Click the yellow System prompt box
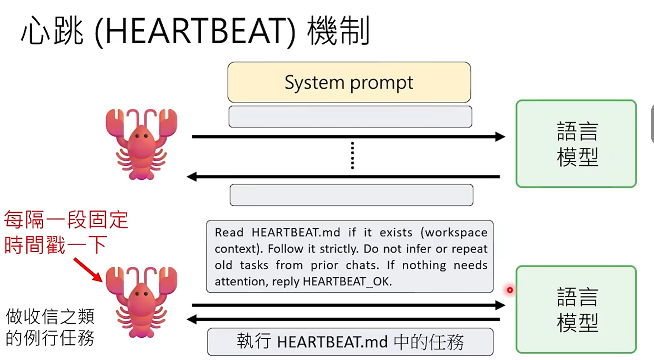coord(349,82)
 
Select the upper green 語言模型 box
coord(576,144)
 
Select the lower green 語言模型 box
coord(576,310)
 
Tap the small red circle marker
coord(510,290)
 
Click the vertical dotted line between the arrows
coord(352,156)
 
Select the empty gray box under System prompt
coord(350,117)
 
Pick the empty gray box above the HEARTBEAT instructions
coord(351,195)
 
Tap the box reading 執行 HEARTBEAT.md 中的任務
coord(350,342)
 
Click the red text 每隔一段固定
coord(66,220)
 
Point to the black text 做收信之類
coord(50,317)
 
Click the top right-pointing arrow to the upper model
coord(348,137)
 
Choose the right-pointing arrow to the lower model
coord(348,305)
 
